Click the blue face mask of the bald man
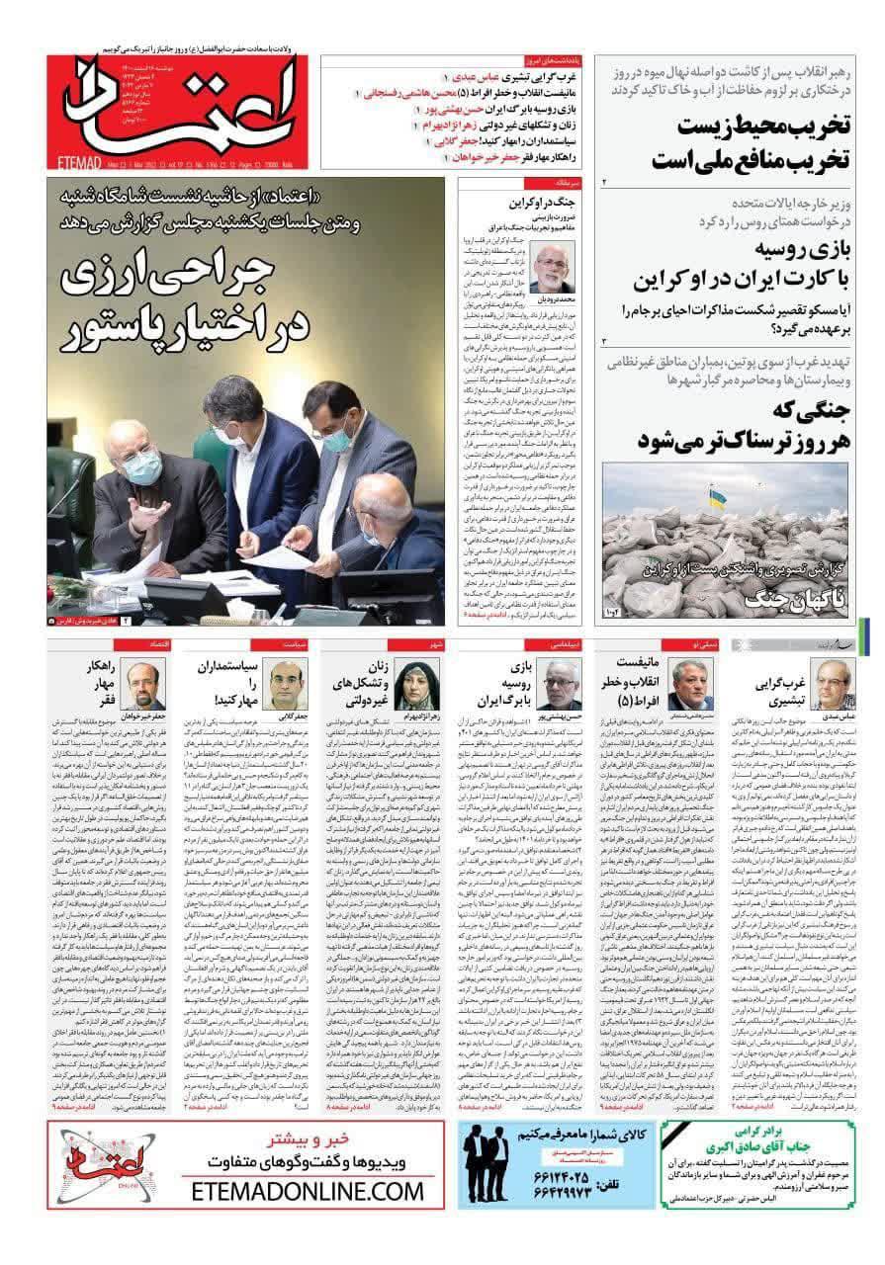click(x=144, y=465)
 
